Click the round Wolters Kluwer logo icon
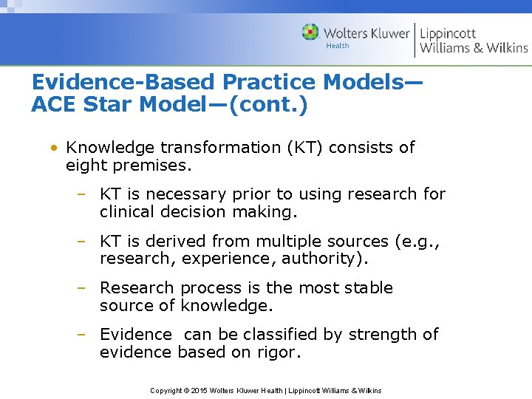tap(311, 33)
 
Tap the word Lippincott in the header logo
tap(448, 33)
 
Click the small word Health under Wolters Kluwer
tap(338, 46)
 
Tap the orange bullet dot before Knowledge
tap(55, 148)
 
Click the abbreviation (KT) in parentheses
tap(301, 147)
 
